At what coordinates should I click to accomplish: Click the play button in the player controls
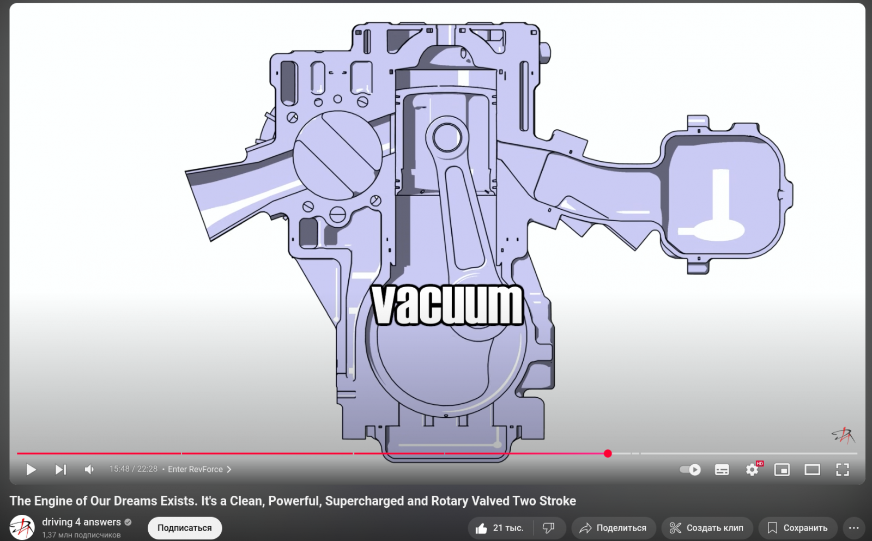[31, 470]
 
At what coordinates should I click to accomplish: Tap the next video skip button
[60, 470]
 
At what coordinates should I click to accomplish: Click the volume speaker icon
[89, 470]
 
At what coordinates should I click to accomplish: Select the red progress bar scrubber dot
[608, 453]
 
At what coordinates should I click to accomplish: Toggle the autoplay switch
[690, 470]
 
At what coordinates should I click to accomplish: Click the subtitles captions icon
[722, 470]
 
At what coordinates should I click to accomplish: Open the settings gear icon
[752, 470]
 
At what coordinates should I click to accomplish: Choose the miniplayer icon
[782, 470]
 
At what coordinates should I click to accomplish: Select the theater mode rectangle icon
[812, 470]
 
